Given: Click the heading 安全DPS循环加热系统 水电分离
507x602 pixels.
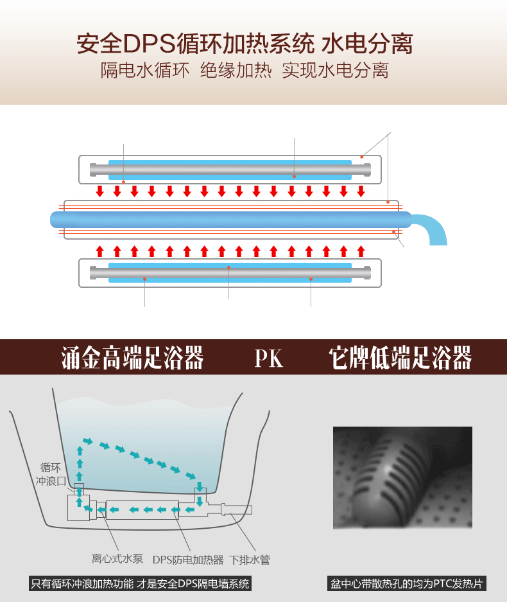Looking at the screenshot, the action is pyautogui.click(x=245, y=44).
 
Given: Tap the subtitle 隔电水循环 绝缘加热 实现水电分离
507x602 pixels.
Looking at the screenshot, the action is pyautogui.click(x=245, y=70).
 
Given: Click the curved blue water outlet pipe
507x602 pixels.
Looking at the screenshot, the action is pyautogui.click(x=432, y=228).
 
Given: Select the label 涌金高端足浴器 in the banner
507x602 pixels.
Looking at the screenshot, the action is pyautogui.click(x=133, y=357).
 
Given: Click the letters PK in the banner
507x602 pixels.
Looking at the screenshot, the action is pyautogui.click(x=268, y=358).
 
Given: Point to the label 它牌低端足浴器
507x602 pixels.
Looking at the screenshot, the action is pyautogui.click(x=400, y=357).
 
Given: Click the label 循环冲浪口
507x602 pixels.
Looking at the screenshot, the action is pyautogui.click(x=51, y=474).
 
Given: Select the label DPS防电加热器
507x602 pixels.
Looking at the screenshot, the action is pyautogui.click(x=187, y=559).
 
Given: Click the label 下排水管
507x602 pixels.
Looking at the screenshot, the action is pyautogui.click(x=250, y=559).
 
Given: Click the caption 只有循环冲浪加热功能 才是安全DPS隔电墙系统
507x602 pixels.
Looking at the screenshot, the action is pyautogui.click(x=140, y=584).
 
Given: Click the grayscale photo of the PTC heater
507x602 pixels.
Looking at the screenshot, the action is pyautogui.click(x=402, y=477).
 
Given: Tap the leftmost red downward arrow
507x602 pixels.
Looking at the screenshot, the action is pyautogui.click(x=99, y=191).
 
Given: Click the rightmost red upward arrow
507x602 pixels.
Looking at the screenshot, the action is pyautogui.click(x=361, y=250).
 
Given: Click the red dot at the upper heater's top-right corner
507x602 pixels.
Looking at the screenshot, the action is pyautogui.click(x=362, y=157).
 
